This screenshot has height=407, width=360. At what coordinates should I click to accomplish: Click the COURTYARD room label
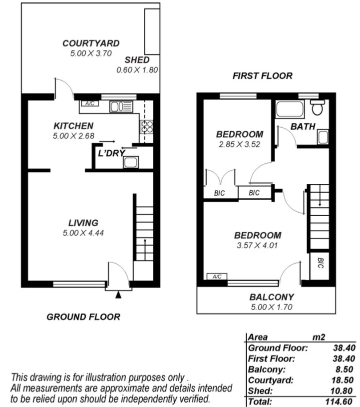[91, 43]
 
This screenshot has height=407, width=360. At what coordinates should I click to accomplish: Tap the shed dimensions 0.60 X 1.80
[137, 70]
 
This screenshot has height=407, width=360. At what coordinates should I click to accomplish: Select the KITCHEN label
[73, 126]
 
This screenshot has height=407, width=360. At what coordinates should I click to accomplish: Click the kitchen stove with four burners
[147, 126]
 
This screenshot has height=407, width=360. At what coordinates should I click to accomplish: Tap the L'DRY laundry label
[110, 153]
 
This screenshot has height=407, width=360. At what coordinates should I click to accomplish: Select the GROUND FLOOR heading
[83, 317]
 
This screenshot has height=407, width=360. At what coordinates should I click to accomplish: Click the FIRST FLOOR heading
[262, 76]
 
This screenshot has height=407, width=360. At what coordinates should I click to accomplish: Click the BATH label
[303, 127]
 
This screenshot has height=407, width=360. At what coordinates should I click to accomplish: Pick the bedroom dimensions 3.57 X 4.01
[258, 245]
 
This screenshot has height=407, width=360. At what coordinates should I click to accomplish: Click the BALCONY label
[272, 297]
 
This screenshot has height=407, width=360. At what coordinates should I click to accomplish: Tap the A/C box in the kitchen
[90, 104]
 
